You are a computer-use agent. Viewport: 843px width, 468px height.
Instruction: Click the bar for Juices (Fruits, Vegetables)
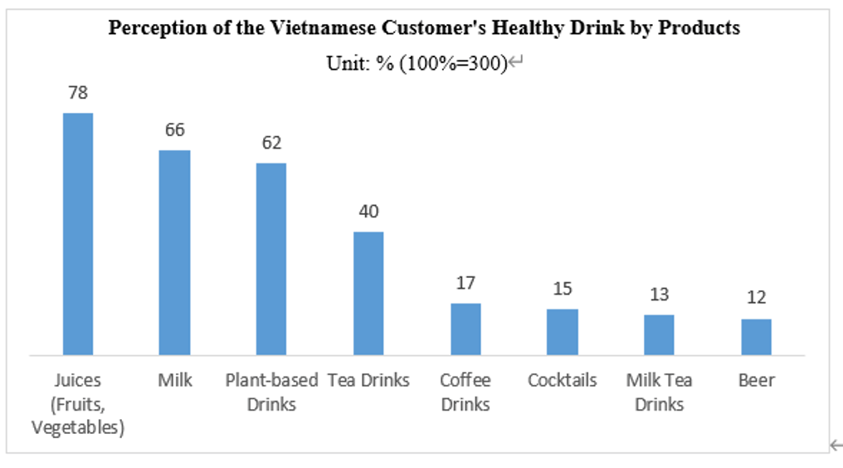click(78, 234)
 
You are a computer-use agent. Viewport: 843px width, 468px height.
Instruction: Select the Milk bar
click(175, 252)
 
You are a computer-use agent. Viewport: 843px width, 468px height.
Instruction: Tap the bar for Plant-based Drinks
click(271, 259)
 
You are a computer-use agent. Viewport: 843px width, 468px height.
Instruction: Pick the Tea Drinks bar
click(368, 293)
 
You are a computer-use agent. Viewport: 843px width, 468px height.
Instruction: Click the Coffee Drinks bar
click(465, 329)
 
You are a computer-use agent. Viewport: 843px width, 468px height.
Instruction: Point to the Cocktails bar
click(562, 332)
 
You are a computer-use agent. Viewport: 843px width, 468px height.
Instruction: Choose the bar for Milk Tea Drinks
click(659, 334)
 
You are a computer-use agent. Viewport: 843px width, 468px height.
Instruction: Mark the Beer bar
click(756, 336)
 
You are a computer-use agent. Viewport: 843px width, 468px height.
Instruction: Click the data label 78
click(78, 93)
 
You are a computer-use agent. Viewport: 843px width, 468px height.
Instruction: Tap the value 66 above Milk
click(175, 130)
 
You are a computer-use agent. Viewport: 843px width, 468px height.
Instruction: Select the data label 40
click(368, 212)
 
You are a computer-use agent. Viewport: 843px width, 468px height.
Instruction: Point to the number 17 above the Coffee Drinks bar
click(465, 283)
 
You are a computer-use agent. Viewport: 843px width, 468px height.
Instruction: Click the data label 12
click(756, 298)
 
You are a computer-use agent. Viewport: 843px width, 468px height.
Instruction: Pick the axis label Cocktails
click(562, 381)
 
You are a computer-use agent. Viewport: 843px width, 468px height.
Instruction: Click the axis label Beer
click(756, 381)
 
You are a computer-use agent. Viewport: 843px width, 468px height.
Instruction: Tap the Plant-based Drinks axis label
click(271, 392)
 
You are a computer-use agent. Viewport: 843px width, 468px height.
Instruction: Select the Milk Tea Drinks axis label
click(659, 392)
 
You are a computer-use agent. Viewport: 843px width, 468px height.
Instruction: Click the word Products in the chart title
click(698, 28)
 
